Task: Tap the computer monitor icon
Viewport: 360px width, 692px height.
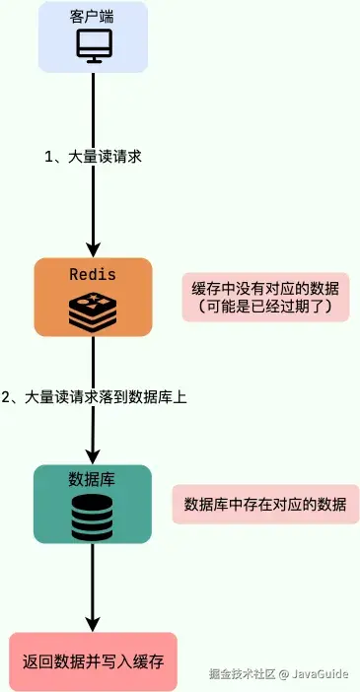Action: [x=93, y=45]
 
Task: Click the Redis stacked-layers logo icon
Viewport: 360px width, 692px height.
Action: [x=93, y=310]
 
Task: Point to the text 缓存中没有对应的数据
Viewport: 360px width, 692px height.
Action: [x=268, y=288]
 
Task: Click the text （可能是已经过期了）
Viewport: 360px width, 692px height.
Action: [x=268, y=309]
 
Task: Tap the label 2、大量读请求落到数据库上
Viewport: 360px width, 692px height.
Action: [x=95, y=397]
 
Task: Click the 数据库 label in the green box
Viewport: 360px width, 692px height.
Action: [x=93, y=479]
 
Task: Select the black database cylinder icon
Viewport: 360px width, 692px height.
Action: [x=93, y=515]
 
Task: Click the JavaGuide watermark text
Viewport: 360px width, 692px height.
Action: [x=321, y=674]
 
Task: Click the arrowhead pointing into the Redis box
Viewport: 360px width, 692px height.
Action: [x=93, y=248]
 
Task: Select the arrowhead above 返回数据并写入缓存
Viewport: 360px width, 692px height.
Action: [x=93, y=623]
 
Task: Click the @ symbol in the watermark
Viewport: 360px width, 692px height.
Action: [x=282, y=674]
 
